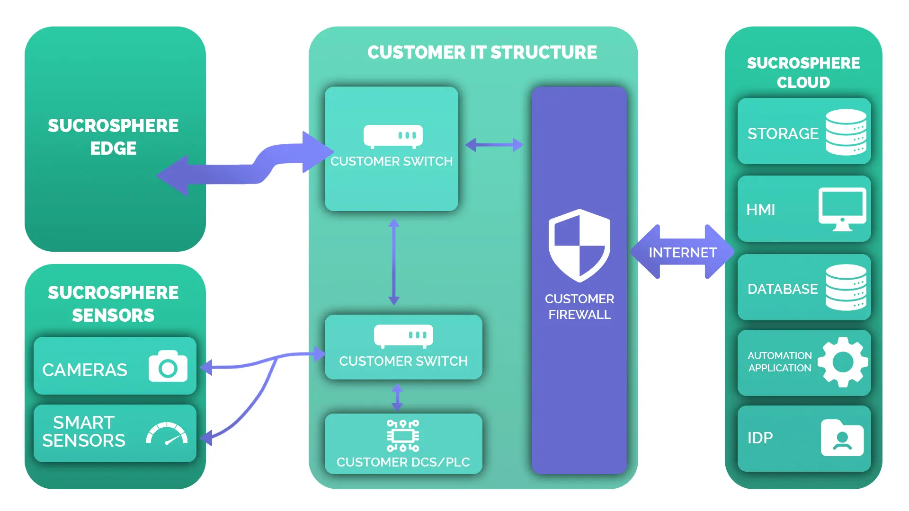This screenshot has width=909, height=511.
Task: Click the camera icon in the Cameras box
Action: [x=168, y=366]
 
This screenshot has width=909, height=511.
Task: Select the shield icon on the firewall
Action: [x=579, y=246]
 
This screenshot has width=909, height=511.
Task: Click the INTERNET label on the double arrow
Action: [x=682, y=253]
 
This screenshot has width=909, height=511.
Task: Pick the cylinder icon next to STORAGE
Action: [x=846, y=132]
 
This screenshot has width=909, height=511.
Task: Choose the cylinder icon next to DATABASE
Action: [x=846, y=287]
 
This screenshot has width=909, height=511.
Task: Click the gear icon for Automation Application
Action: [x=843, y=362]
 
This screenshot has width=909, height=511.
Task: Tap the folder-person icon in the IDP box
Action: [x=842, y=438]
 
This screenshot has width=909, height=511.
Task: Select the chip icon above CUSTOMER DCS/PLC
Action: [x=403, y=435]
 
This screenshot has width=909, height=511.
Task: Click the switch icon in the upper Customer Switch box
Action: [x=393, y=136]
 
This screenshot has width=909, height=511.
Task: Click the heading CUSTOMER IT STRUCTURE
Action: [x=482, y=53]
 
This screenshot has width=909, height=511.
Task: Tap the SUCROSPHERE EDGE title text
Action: [x=113, y=137]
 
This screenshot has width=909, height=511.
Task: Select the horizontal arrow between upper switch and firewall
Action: [x=494, y=145]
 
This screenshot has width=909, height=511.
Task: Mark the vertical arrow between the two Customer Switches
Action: [x=394, y=262]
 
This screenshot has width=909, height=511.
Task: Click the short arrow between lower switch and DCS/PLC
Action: [x=397, y=397]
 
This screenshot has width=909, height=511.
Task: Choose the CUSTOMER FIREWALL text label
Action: [x=579, y=307]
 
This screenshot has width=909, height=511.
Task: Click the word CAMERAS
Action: [x=85, y=370]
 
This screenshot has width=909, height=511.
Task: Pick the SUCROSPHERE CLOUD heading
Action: [x=803, y=72]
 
